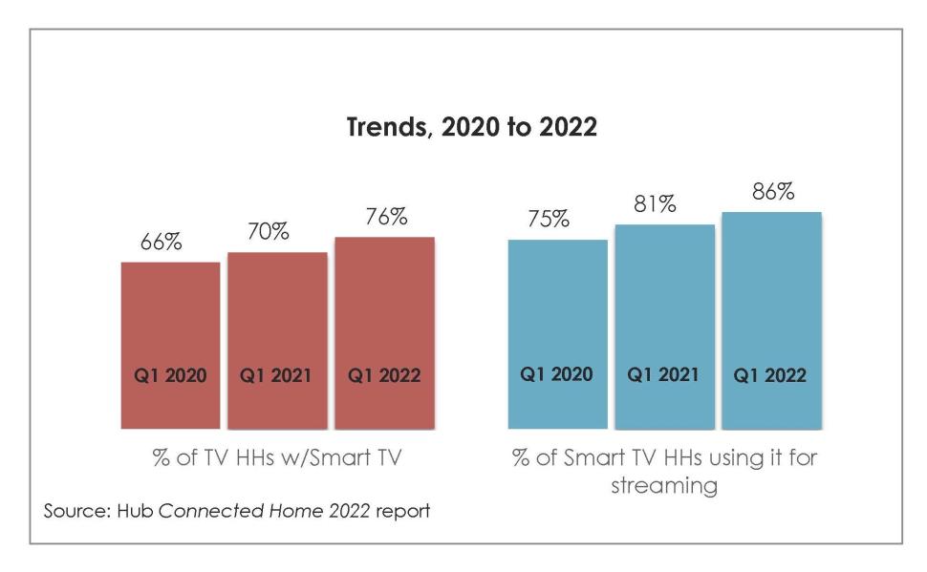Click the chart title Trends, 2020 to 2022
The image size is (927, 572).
(x=471, y=128)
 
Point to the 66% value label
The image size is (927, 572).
(x=162, y=243)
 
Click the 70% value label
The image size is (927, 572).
(x=268, y=232)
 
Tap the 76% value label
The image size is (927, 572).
(x=385, y=217)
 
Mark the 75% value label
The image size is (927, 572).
(x=549, y=220)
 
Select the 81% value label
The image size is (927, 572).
(x=655, y=204)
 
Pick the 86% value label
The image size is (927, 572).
(x=772, y=191)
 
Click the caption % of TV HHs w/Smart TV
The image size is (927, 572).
(x=278, y=456)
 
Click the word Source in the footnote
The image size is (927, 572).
(x=73, y=511)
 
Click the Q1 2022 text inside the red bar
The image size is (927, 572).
(x=384, y=375)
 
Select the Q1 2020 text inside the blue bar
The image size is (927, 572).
(x=556, y=374)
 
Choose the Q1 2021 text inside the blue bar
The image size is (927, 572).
(x=663, y=374)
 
